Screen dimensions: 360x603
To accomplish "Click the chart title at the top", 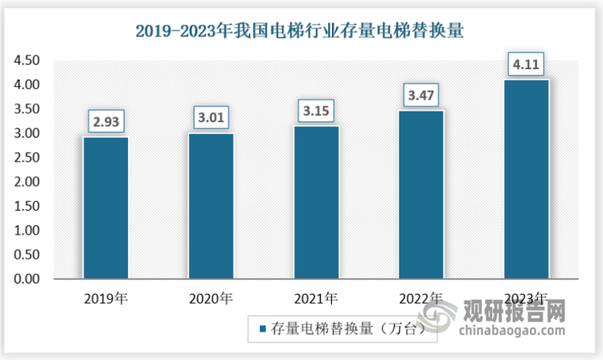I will (301, 31).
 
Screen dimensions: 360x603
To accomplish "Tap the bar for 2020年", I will (211, 206).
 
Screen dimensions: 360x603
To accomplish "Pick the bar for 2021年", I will (316, 202).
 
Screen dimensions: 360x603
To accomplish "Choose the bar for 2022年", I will (421, 194).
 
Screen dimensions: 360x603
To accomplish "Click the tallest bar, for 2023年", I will (527, 178).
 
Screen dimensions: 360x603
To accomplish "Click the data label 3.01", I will (211, 117).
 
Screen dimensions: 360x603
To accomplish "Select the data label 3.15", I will (316, 110).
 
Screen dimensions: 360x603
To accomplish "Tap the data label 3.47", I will (421, 95).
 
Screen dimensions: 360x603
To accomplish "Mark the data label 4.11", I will (527, 63).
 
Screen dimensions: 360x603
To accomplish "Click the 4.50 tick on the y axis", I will (26, 60).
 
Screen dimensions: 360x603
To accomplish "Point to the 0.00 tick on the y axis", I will (26, 280).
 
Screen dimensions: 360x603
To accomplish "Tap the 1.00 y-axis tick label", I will (26, 231).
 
